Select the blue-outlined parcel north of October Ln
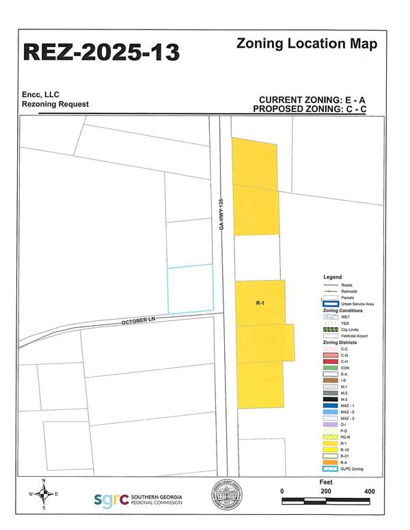pyautogui.click(x=191, y=289)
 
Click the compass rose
pyautogui.click(x=44, y=494)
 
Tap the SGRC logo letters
pyautogui.click(x=111, y=500)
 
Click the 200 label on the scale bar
pyautogui.click(x=326, y=491)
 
